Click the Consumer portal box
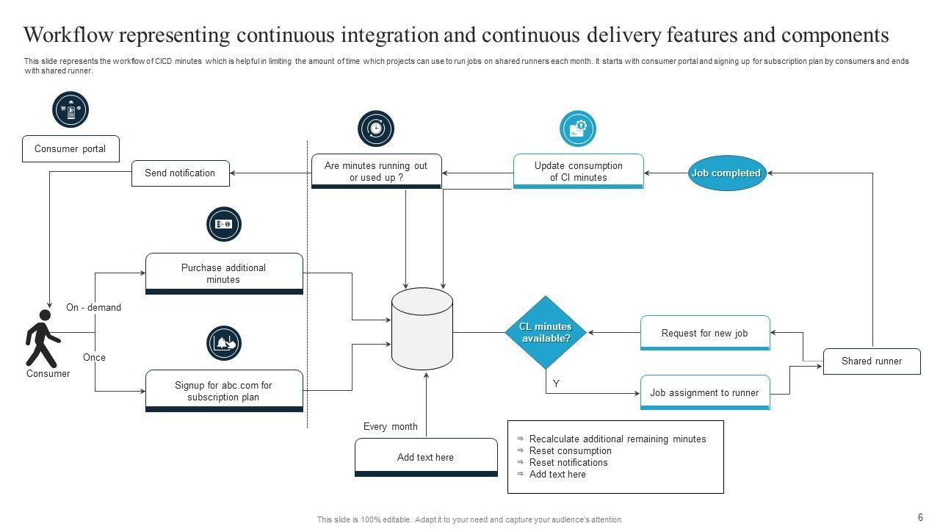tap(70, 148)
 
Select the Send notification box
tap(180, 173)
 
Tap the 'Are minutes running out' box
tap(376, 171)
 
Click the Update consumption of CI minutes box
tap(578, 171)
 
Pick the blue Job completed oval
tap(726, 173)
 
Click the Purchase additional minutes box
tap(224, 273)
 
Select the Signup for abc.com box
tap(224, 391)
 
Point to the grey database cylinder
tap(422, 328)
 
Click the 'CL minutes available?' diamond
tap(546, 332)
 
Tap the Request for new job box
tap(704, 333)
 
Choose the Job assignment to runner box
tap(704, 392)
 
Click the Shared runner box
tap(871, 361)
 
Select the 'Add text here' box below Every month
tap(425, 457)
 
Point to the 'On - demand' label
tap(93, 307)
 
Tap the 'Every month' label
tap(390, 426)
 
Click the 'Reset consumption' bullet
tap(570, 450)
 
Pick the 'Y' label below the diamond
tap(556, 384)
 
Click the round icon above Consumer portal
tap(70, 110)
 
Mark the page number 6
tap(920, 517)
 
